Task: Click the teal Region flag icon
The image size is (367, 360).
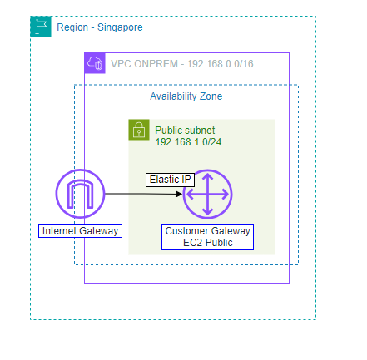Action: pyautogui.click(x=41, y=27)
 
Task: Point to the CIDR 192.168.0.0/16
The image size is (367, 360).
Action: pyautogui.click(x=222, y=63)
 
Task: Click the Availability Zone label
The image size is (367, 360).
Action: pyautogui.click(x=186, y=96)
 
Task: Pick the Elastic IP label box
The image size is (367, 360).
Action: pyautogui.click(x=170, y=180)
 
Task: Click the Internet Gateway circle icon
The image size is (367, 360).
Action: pyautogui.click(x=80, y=195)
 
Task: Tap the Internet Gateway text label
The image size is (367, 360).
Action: pyautogui.click(x=80, y=230)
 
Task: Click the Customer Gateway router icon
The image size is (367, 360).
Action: pyautogui.click(x=207, y=195)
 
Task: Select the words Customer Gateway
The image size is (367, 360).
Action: pyautogui.click(x=208, y=230)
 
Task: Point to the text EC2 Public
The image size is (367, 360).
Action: pyautogui.click(x=208, y=242)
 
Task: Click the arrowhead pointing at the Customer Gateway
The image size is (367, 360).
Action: pyautogui.click(x=179, y=195)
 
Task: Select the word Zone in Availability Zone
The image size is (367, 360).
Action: pyautogui.click(x=210, y=96)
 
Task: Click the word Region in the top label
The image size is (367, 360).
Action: pyautogui.click(x=72, y=27)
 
